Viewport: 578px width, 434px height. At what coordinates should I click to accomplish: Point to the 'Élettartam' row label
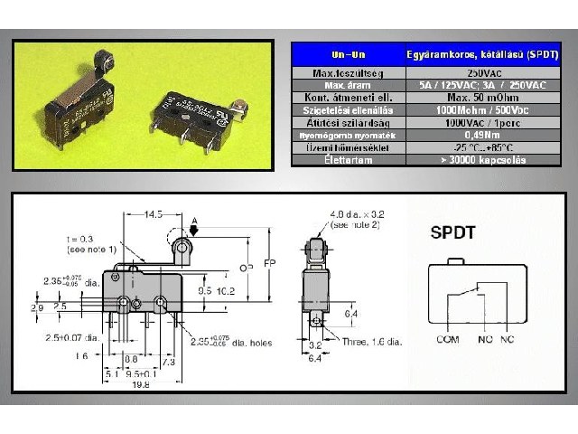[x=345, y=160]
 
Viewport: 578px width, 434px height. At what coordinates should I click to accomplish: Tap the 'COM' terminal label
[x=447, y=341]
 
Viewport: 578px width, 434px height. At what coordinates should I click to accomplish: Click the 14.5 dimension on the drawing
[x=153, y=214]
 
